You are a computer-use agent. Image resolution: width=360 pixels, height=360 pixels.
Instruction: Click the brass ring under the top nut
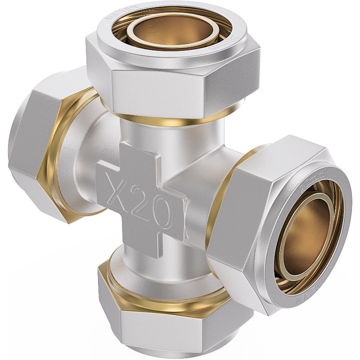pyautogui.click(x=171, y=121)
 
